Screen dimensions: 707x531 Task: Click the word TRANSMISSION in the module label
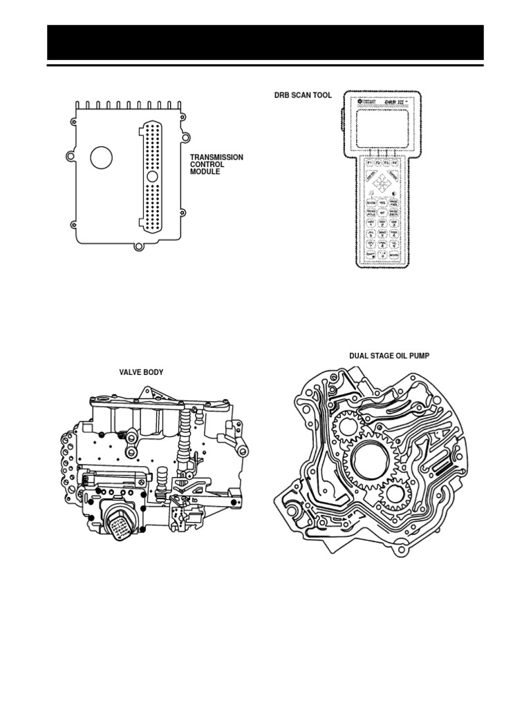(x=216, y=157)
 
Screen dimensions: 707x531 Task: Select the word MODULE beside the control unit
(x=205, y=171)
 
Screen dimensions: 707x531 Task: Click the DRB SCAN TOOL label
(x=303, y=96)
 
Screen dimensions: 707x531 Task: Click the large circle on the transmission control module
(x=102, y=157)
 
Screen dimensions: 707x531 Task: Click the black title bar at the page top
(x=265, y=43)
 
